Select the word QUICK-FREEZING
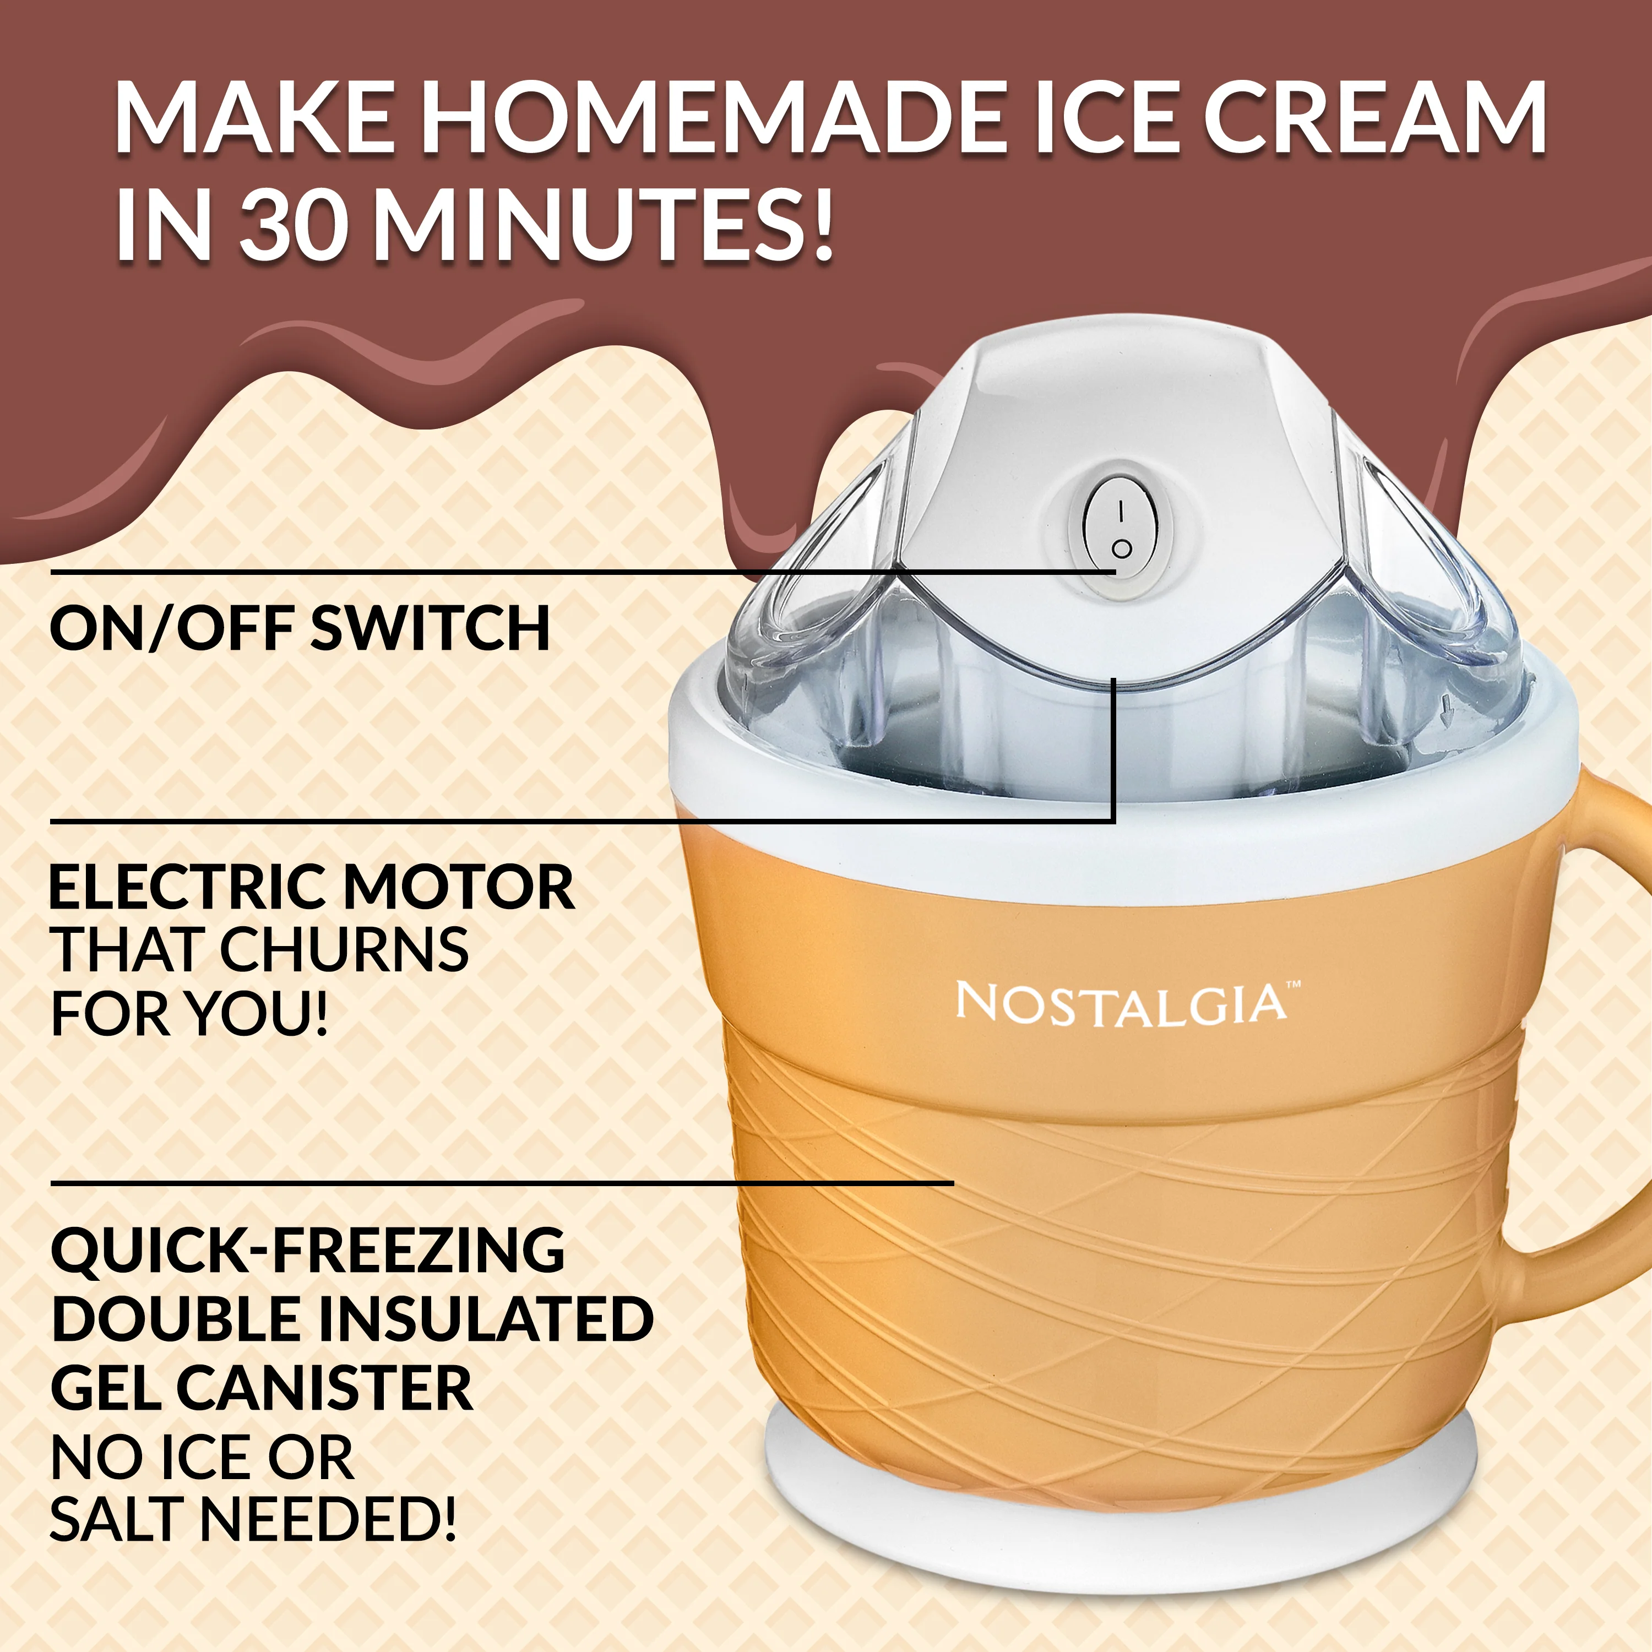click(x=308, y=1250)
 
